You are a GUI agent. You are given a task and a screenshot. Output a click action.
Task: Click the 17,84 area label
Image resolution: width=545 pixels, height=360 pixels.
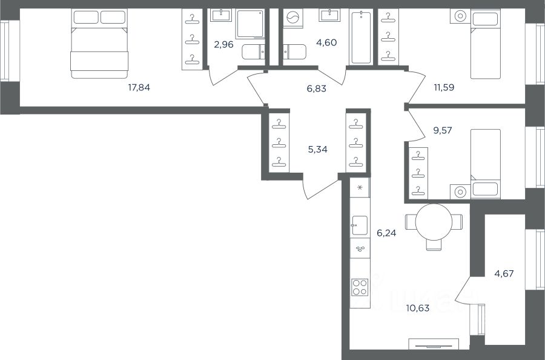point(139,87)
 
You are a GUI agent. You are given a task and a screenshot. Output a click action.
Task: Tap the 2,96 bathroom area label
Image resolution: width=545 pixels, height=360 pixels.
point(223,44)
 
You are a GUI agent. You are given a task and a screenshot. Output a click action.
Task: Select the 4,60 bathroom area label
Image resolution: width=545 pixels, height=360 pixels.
point(327,42)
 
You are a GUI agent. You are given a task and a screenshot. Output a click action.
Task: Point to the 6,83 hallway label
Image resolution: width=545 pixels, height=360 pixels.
point(316,88)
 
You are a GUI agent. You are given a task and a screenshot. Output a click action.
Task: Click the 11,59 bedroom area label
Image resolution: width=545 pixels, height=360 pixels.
point(444,87)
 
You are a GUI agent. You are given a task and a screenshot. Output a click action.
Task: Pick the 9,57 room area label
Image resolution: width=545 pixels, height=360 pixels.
point(443,130)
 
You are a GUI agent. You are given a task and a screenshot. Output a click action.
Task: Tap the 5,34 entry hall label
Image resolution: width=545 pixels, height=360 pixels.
point(318,150)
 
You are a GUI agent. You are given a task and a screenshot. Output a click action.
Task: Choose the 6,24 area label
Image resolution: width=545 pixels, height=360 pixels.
point(386,233)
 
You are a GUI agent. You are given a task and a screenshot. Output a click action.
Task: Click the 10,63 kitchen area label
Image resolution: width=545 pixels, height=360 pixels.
point(418,308)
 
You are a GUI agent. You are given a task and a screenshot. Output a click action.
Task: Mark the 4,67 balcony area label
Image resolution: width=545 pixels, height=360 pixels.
point(504,274)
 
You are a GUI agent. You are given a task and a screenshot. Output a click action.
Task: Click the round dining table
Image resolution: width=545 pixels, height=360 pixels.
point(434,222)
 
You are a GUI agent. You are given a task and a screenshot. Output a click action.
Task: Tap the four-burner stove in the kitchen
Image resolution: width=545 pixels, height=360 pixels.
point(359,287)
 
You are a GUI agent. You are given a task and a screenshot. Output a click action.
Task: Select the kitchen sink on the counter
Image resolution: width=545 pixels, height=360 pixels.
point(359,225)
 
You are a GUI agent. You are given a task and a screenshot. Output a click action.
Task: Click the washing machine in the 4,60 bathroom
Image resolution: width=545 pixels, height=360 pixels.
point(293,18)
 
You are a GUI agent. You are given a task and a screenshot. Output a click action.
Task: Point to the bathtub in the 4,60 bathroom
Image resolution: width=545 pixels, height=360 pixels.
point(361,37)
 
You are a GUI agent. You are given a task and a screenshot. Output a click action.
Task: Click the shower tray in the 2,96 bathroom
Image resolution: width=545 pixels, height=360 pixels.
point(250,24)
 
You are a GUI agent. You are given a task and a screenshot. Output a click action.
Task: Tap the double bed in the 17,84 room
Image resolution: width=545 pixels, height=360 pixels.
point(99,44)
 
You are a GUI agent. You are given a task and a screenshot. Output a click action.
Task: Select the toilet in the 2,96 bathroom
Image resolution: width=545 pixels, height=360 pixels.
point(253,52)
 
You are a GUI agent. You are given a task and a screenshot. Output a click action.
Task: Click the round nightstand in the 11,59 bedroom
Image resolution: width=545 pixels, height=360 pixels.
point(460,16)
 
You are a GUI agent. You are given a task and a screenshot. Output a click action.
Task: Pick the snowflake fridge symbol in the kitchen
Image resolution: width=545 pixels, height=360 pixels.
point(360,188)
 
